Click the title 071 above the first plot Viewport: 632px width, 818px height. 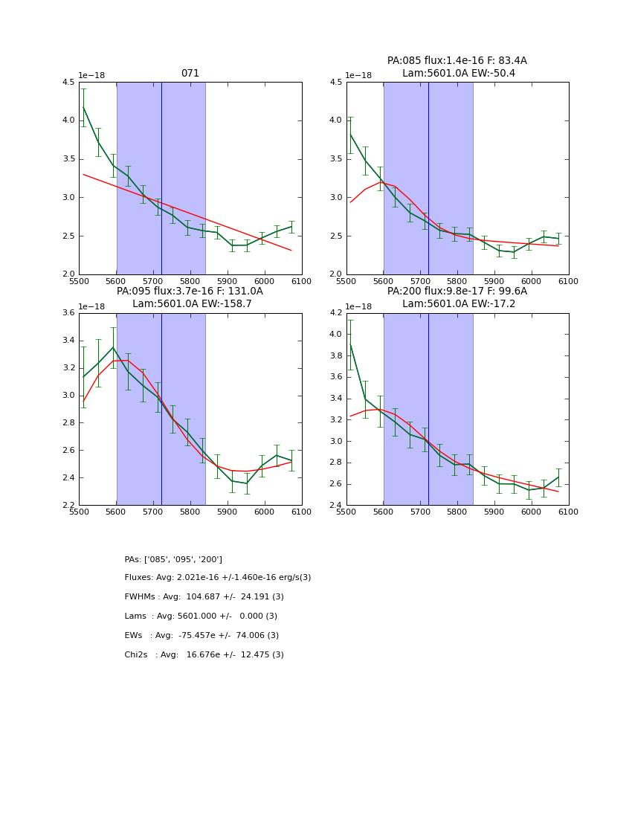(190, 74)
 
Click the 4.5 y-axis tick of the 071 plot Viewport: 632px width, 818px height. (68, 82)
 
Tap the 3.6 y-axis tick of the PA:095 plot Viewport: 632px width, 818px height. (68, 313)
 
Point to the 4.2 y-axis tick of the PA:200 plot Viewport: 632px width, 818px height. (335, 313)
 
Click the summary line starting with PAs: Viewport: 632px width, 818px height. (173, 559)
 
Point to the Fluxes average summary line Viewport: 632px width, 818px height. (218, 578)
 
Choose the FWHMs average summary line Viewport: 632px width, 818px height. (204, 597)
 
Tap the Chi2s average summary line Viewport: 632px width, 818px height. (204, 655)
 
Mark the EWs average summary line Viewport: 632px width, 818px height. (201, 636)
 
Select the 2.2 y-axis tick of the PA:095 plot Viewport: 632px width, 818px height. (68, 505)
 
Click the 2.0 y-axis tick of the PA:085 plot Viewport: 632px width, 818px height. (335, 274)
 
